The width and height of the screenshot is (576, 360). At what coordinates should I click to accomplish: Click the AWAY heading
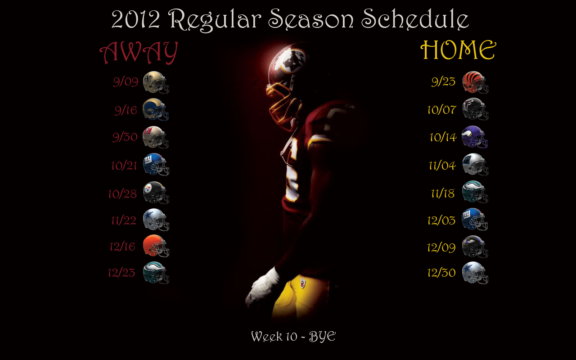pos(139,53)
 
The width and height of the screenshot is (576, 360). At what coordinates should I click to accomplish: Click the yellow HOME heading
pos(458,50)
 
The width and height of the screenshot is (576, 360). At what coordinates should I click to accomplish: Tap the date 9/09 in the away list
pos(126,82)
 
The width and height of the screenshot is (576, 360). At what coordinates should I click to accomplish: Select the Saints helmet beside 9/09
pos(156,82)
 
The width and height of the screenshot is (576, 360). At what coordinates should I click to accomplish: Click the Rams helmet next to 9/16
pos(156,109)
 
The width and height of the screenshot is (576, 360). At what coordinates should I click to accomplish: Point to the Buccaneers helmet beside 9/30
pos(156,137)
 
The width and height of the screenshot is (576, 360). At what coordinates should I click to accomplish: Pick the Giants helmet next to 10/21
pos(156,165)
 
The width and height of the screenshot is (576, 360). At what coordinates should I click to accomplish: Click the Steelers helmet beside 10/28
pos(156,193)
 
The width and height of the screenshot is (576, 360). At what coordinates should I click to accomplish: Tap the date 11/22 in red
pos(123,220)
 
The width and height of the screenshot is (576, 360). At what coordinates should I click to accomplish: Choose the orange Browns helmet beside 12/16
pos(156,246)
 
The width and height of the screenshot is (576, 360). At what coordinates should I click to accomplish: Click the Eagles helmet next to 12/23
pos(156,273)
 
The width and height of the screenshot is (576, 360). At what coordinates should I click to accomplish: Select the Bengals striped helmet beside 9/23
pos(475,82)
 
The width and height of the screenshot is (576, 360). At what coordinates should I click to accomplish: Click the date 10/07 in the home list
pos(442,110)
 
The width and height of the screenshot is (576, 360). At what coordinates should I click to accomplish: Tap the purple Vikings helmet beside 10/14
pos(475,137)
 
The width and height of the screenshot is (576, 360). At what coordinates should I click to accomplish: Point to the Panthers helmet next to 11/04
pos(475,165)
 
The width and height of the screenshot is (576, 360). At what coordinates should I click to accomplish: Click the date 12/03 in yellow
pos(441,220)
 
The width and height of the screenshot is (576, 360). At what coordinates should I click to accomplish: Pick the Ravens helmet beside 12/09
pos(475,247)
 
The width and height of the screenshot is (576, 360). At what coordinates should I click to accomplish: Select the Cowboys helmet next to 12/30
pos(475,273)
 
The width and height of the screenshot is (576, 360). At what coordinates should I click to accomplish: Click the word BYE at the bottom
pos(322,336)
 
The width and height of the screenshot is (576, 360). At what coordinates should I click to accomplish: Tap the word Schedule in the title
pos(415,19)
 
